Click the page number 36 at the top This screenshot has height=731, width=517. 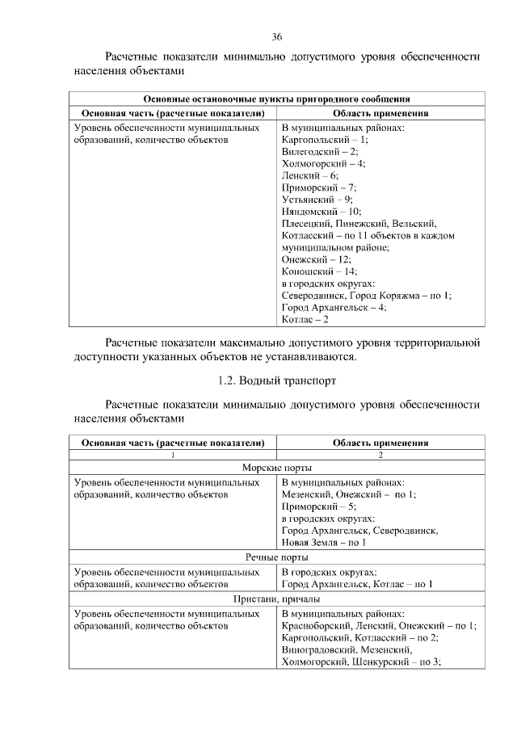pos(276,37)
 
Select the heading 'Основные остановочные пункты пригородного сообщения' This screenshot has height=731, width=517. pos(275,100)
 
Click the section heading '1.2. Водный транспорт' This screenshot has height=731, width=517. pos(275,379)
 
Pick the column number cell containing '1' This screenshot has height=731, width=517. pos(172,455)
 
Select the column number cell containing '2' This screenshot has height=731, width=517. pos(380,455)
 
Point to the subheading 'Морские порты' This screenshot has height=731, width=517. pos(275,468)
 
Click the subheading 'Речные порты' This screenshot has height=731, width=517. pos(275,557)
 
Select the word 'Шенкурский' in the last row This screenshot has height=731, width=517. pos(380,662)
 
